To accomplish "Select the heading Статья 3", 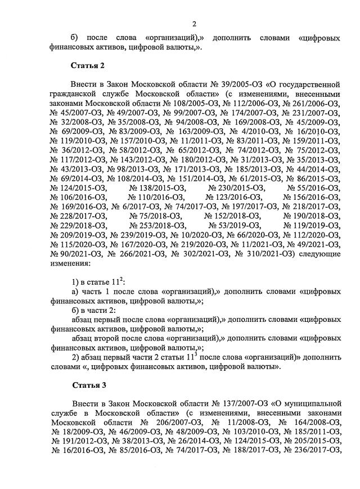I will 87,385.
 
